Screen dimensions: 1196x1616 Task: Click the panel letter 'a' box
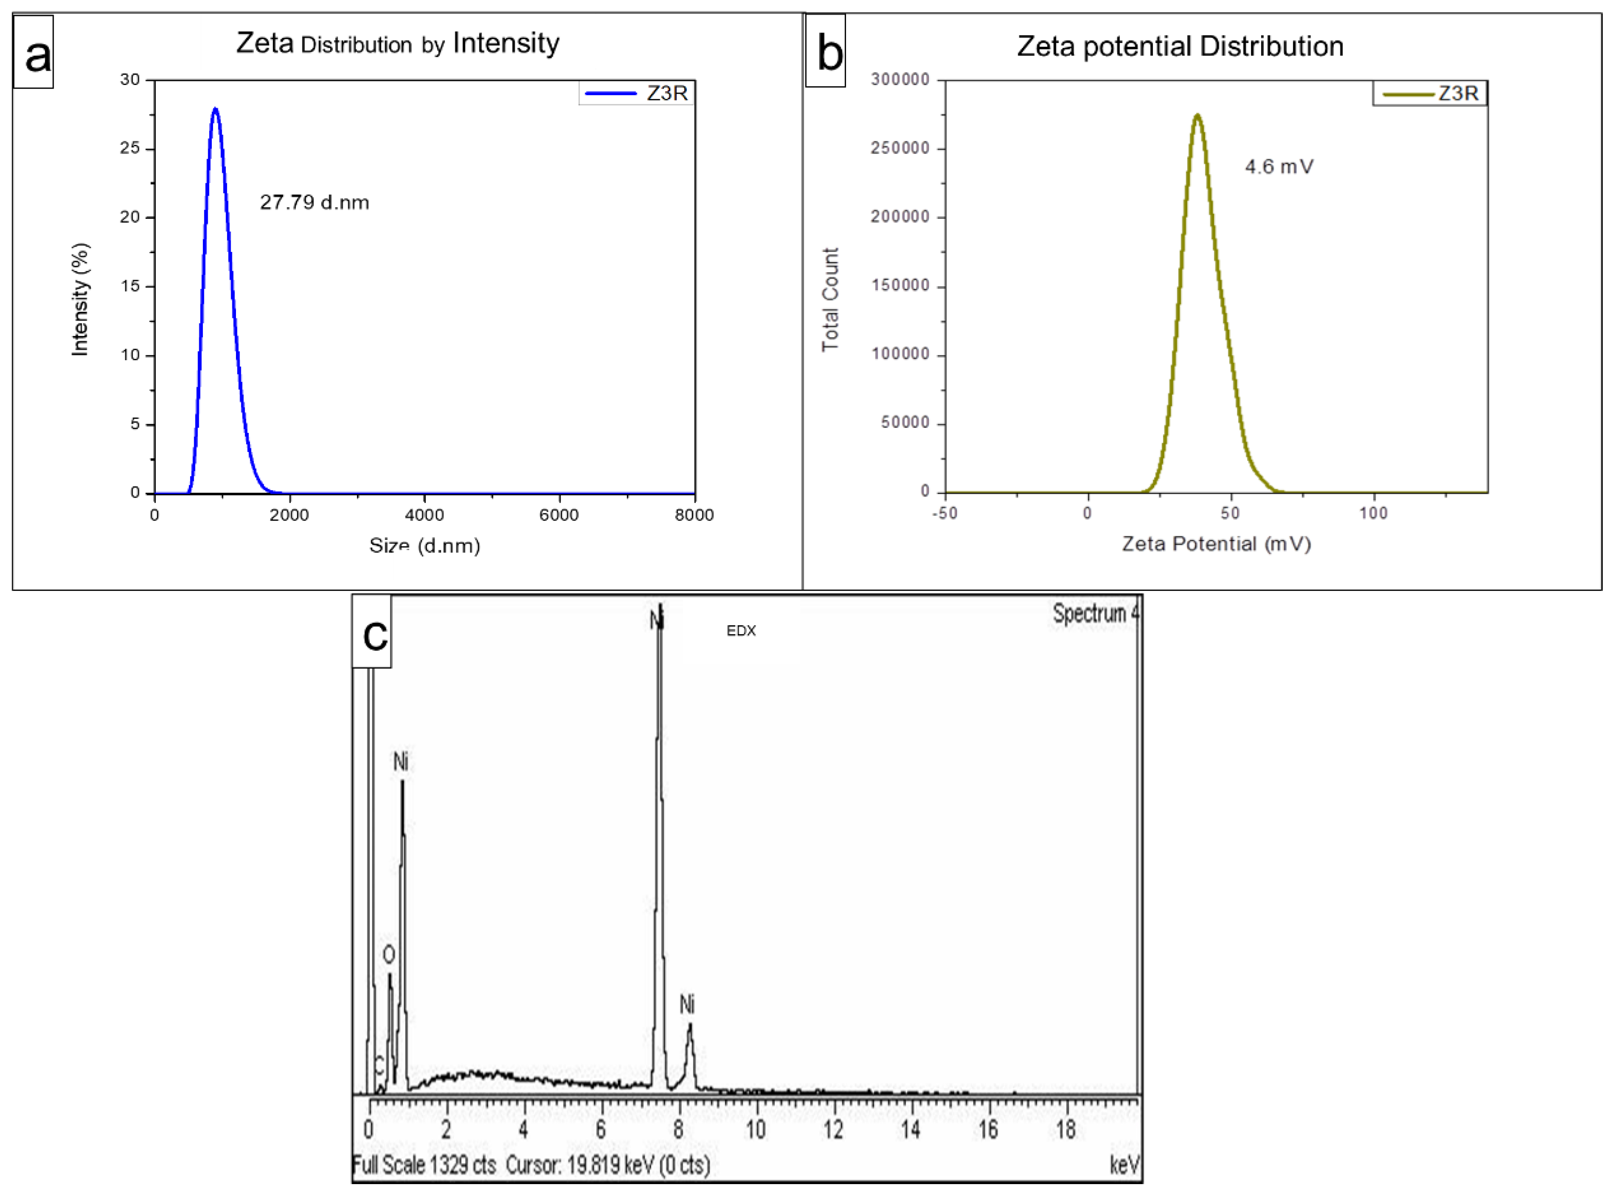(33, 52)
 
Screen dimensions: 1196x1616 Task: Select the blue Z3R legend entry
(637, 93)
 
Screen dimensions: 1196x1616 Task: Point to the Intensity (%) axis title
(80, 299)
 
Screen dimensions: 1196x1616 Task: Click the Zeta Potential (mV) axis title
(1217, 544)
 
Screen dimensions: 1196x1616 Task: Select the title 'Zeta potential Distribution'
(1180, 46)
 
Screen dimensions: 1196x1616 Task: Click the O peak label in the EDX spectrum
(389, 955)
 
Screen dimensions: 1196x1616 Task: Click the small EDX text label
(741, 631)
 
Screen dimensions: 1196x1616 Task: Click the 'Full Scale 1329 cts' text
(424, 1165)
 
